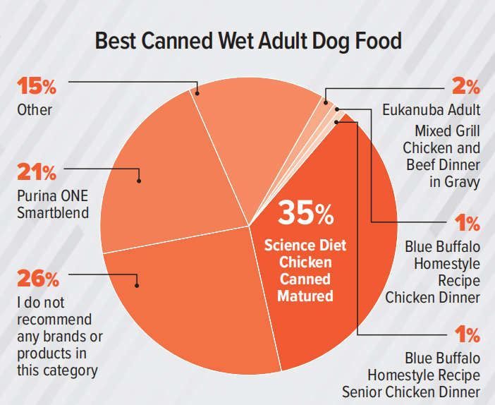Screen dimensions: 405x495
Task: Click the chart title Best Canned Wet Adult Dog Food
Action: click(248, 40)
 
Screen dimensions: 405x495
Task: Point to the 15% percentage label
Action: click(37, 87)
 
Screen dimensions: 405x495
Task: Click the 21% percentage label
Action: click(37, 173)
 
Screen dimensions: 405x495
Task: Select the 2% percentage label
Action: click(465, 87)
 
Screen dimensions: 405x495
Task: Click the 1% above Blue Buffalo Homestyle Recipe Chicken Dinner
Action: click(465, 224)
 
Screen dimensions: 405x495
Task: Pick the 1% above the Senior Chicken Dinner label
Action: click(465, 334)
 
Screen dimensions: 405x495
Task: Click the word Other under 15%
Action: click(35, 111)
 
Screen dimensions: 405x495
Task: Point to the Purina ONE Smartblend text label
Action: click(53, 204)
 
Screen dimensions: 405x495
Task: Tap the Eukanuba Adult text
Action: click(432, 110)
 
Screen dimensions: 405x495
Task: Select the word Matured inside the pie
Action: click(305, 296)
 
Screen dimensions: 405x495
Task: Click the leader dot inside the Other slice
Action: click(197, 92)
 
